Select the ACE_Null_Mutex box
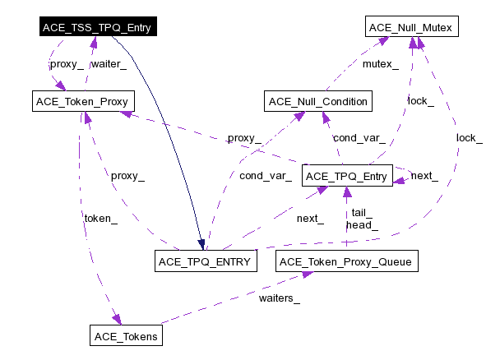[410, 28]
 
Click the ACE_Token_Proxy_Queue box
[348, 262]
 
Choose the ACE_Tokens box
[126, 335]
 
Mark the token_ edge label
[100, 218]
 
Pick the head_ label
[362, 224]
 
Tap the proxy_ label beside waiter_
[67, 63]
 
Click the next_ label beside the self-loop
[424, 176]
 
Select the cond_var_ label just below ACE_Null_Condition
[359, 137]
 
